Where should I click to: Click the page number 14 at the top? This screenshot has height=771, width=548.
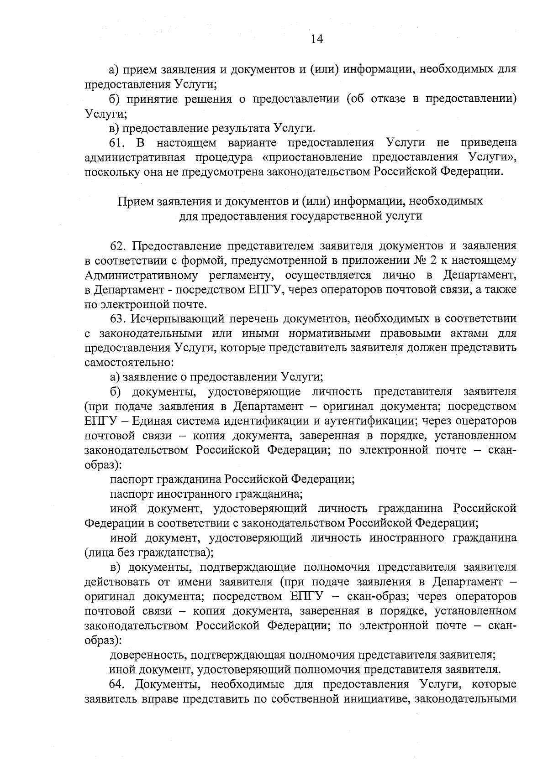[x=316, y=39]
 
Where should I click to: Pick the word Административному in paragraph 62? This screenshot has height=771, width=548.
[x=141, y=275]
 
